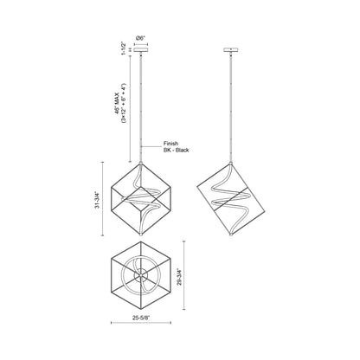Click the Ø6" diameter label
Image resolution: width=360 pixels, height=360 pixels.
[142, 38]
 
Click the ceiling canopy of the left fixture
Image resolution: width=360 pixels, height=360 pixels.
[142, 49]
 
